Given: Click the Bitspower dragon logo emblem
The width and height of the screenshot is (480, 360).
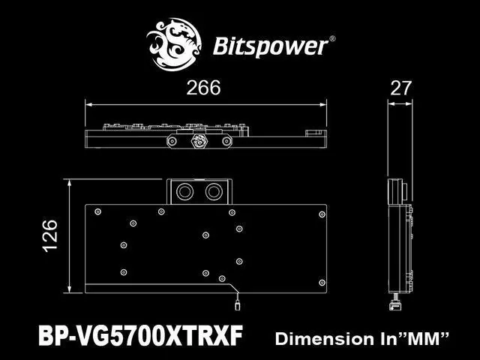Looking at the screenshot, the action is pos(174,45).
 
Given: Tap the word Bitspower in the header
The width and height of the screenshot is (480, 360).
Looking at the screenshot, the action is pos(270,46).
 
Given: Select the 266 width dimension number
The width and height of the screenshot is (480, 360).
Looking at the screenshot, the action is pos(203,88).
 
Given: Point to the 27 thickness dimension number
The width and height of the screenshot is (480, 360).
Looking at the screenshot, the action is pos(401,88).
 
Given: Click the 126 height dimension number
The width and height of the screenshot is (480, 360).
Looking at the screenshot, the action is pos(50,236).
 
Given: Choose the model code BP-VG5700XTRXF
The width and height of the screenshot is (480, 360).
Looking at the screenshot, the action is pos(140,335).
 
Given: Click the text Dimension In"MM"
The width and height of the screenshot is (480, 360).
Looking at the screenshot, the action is pos(362,339).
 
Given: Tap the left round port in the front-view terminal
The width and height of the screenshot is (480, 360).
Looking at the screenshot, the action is pos(185,192).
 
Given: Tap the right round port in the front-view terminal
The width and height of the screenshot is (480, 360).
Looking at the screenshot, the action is pos(214,192).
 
